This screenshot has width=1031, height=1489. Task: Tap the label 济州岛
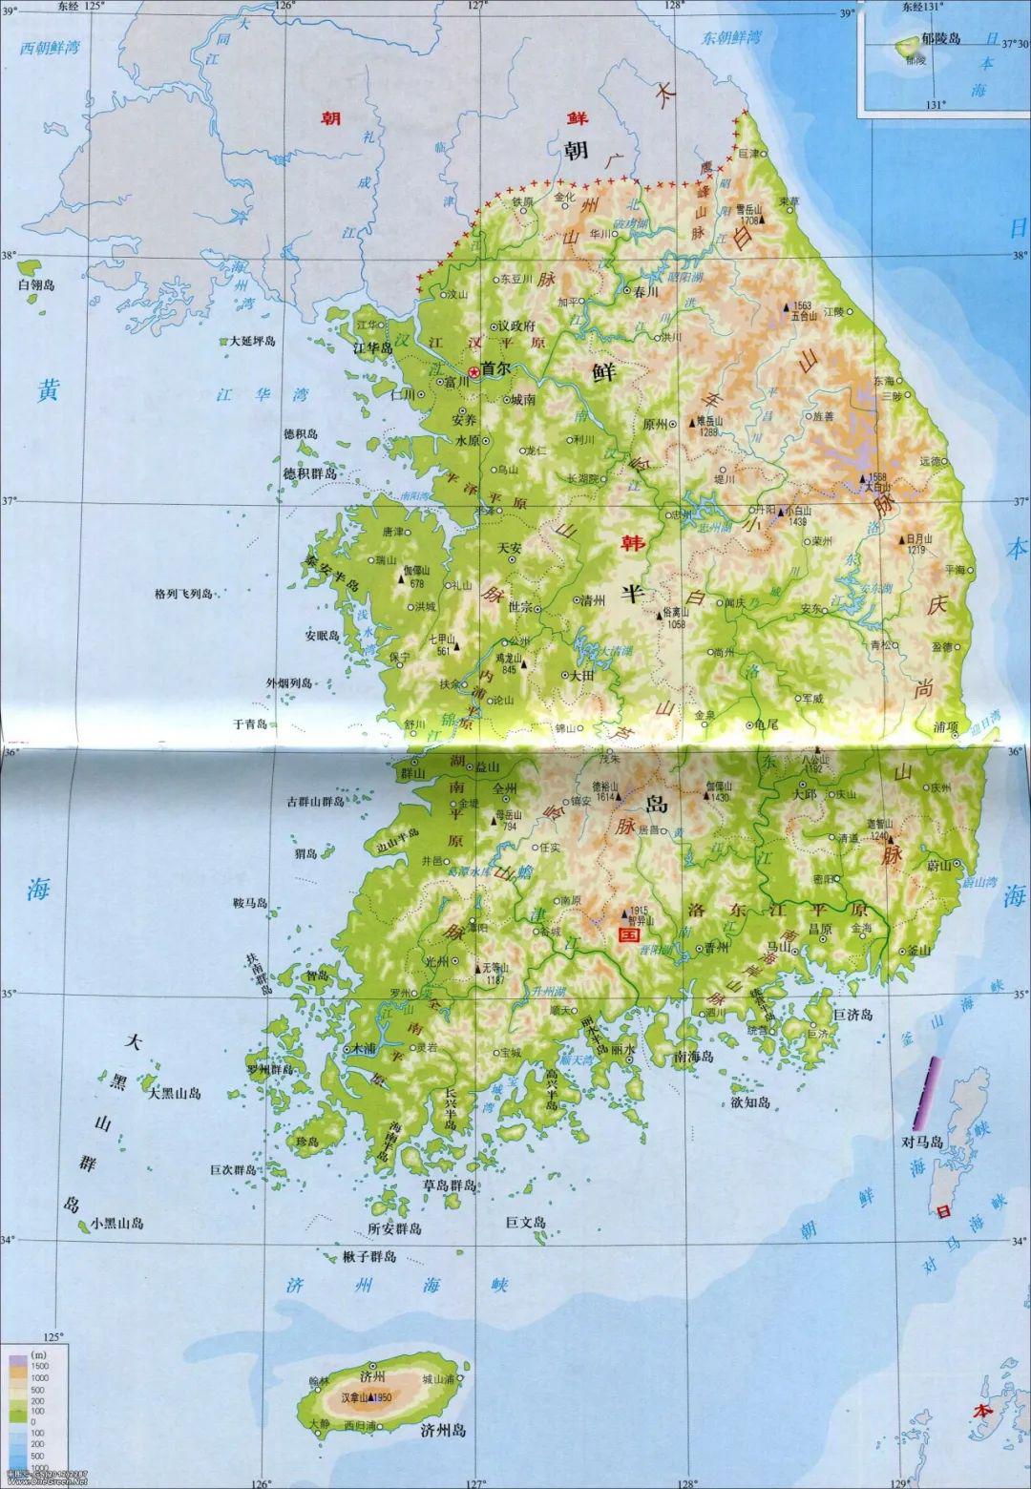point(442,1430)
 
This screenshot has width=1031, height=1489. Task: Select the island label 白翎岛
point(36,285)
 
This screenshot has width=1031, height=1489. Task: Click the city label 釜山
point(918,951)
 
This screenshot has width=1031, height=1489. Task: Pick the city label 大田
point(581,674)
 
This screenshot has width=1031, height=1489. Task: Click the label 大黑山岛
point(175,1093)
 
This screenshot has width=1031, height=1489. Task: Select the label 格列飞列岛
point(183,594)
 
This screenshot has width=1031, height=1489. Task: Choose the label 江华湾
point(249,393)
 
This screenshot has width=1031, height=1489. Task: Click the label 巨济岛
point(853,1015)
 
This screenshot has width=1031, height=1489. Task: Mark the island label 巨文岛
point(525,1223)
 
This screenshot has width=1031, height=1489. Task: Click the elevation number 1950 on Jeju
point(383,1398)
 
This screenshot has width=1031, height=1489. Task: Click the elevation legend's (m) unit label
point(38,1355)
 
